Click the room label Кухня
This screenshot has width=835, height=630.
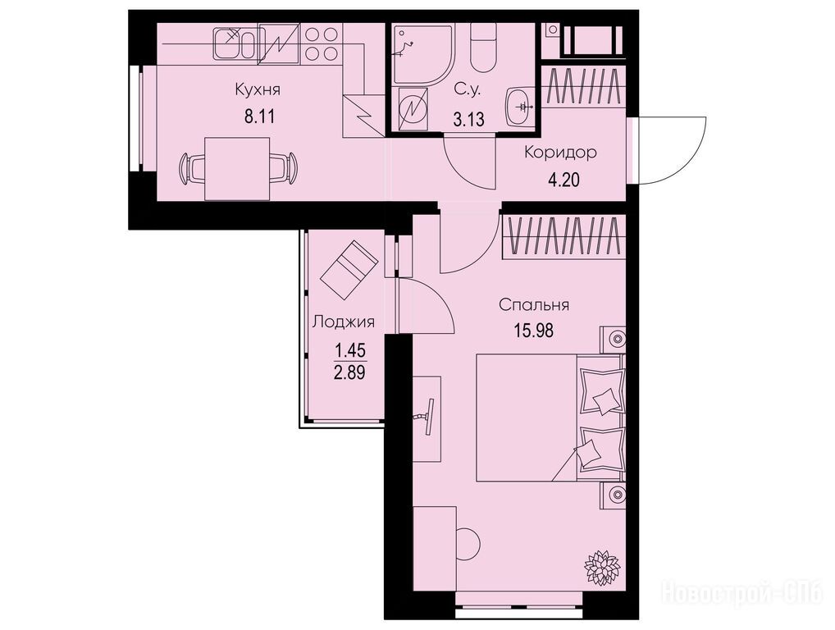coord(258,90)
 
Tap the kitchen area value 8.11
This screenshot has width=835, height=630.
coord(259,116)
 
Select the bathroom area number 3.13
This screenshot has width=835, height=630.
coord(468,119)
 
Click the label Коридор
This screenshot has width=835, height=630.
coord(561,153)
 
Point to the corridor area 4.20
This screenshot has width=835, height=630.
coord(564,180)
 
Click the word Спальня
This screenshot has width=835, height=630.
coord(534,305)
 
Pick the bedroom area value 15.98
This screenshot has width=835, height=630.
coord(534,331)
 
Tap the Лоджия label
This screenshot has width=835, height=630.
coord(344,322)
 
